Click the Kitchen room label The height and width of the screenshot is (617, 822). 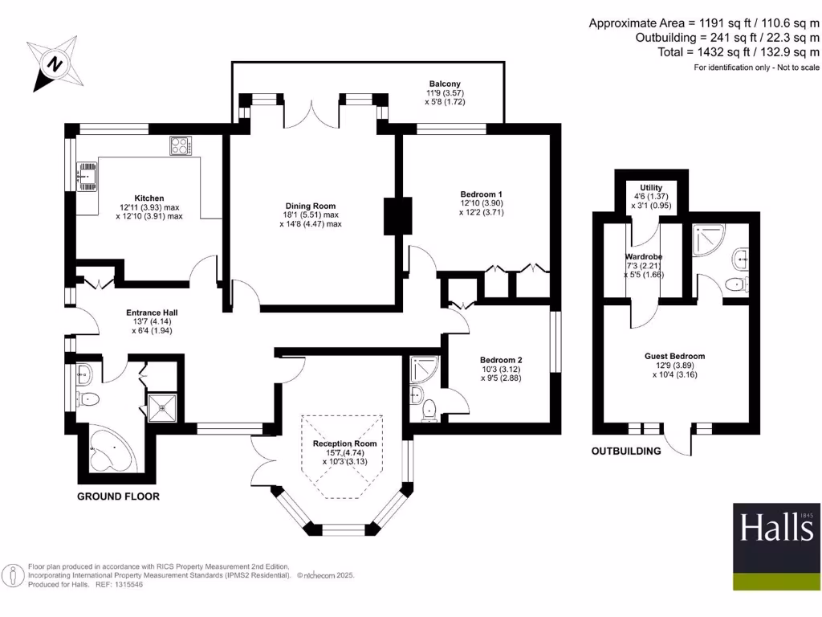point(149,198)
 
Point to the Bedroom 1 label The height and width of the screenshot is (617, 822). point(481,194)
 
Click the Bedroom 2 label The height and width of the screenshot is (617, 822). point(501,360)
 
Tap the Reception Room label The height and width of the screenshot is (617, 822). point(344,443)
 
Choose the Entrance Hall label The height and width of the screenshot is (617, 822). point(152,313)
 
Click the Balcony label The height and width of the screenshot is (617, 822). point(445,84)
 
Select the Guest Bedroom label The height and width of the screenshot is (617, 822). point(674,356)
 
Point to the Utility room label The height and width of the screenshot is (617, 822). point(651,187)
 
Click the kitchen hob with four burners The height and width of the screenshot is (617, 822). point(181,146)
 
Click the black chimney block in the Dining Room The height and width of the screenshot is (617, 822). point(393,215)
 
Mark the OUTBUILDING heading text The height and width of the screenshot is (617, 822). point(626,451)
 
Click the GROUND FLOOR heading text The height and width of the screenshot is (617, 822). point(118,496)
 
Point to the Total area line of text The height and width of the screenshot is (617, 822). point(739,52)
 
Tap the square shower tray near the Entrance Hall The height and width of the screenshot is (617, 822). point(163,407)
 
